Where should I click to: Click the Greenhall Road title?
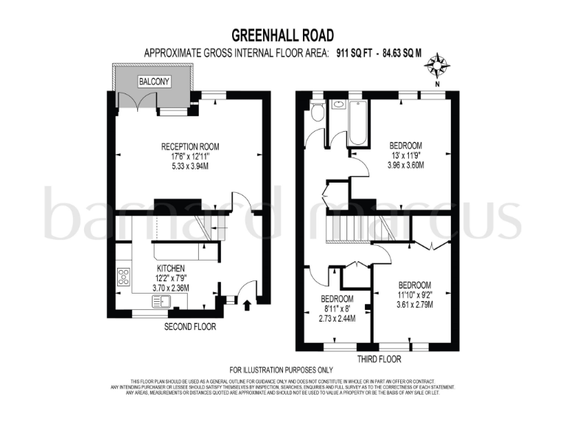tap(283, 35)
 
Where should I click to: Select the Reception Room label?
tap(190, 146)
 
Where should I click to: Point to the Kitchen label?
tap(171, 268)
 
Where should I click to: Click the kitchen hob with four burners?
tap(122, 278)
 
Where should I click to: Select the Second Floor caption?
tap(190, 326)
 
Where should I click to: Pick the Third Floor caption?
tap(378, 359)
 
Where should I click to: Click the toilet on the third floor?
tap(316, 112)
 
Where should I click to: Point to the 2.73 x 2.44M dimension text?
tap(336, 319)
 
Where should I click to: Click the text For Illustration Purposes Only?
tap(282, 370)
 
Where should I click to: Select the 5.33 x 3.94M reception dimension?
tap(190, 166)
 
